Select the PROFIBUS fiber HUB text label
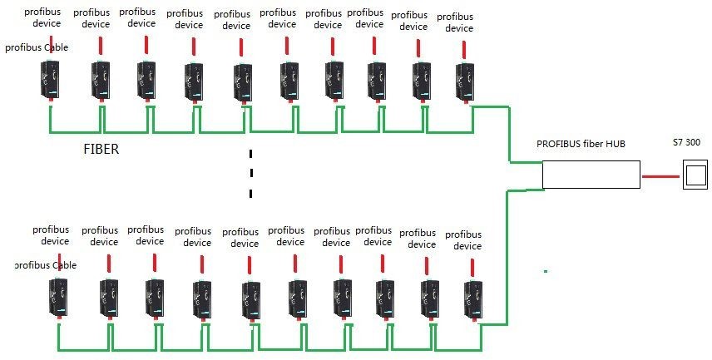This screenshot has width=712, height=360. pos(580,145)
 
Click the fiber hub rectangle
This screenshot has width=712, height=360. pos(591,175)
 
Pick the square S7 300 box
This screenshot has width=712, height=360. pos(695,175)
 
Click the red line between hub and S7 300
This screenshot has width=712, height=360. pos(661,175)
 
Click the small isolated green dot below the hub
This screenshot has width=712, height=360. pos(546,271)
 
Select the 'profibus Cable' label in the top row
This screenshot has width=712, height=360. pos(37,47)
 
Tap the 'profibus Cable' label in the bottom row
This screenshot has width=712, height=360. pos(47,265)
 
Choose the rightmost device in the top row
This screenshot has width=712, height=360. pos(463,81)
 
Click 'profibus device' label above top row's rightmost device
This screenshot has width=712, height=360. pos(455,22)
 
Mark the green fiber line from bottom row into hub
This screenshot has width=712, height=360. pos(507,249)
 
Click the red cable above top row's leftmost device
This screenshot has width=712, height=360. pos(52,44)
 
